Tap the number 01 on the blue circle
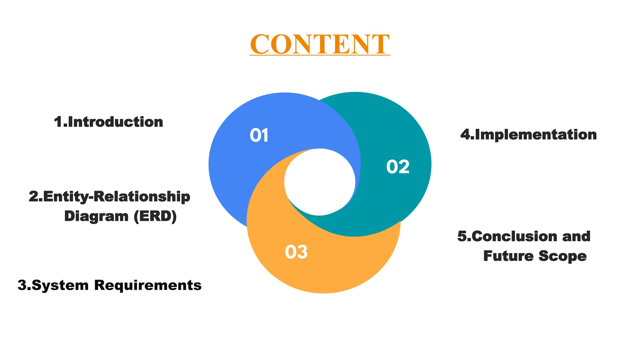click(x=259, y=136)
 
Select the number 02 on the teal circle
click(x=397, y=167)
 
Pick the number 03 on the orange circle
click(x=296, y=252)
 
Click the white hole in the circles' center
click(x=320, y=182)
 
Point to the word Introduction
click(x=115, y=122)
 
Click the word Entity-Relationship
click(x=117, y=197)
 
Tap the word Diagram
click(x=96, y=216)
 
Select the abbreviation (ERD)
click(x=155, y=216)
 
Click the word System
click(x=60, y=285)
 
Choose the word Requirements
click(x=148, y=285)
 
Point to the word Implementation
click(x=536, y=135)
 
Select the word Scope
click(x=562, y=256)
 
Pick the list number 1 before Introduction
click(x=58, y=122)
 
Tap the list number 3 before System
click(x=22, y=285)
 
